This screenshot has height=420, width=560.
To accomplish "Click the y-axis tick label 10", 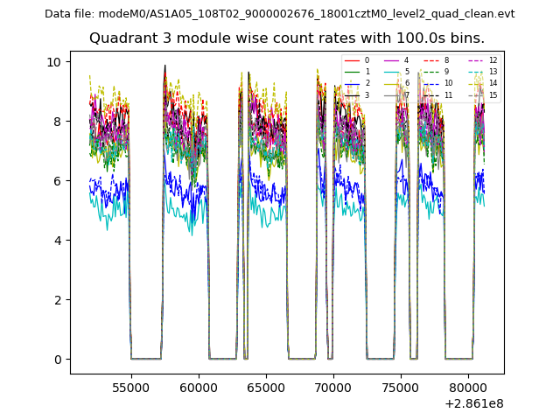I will coord(54,62).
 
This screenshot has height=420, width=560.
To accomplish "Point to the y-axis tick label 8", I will coord(57,122).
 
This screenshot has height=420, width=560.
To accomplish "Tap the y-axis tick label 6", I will coord(57,181).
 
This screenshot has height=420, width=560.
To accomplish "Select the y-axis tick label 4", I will coord(57,241).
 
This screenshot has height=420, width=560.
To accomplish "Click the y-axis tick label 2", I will coord(57,300).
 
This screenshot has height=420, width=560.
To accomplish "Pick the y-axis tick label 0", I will coord(57,360).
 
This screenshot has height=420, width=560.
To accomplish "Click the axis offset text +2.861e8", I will coord(475,403).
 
